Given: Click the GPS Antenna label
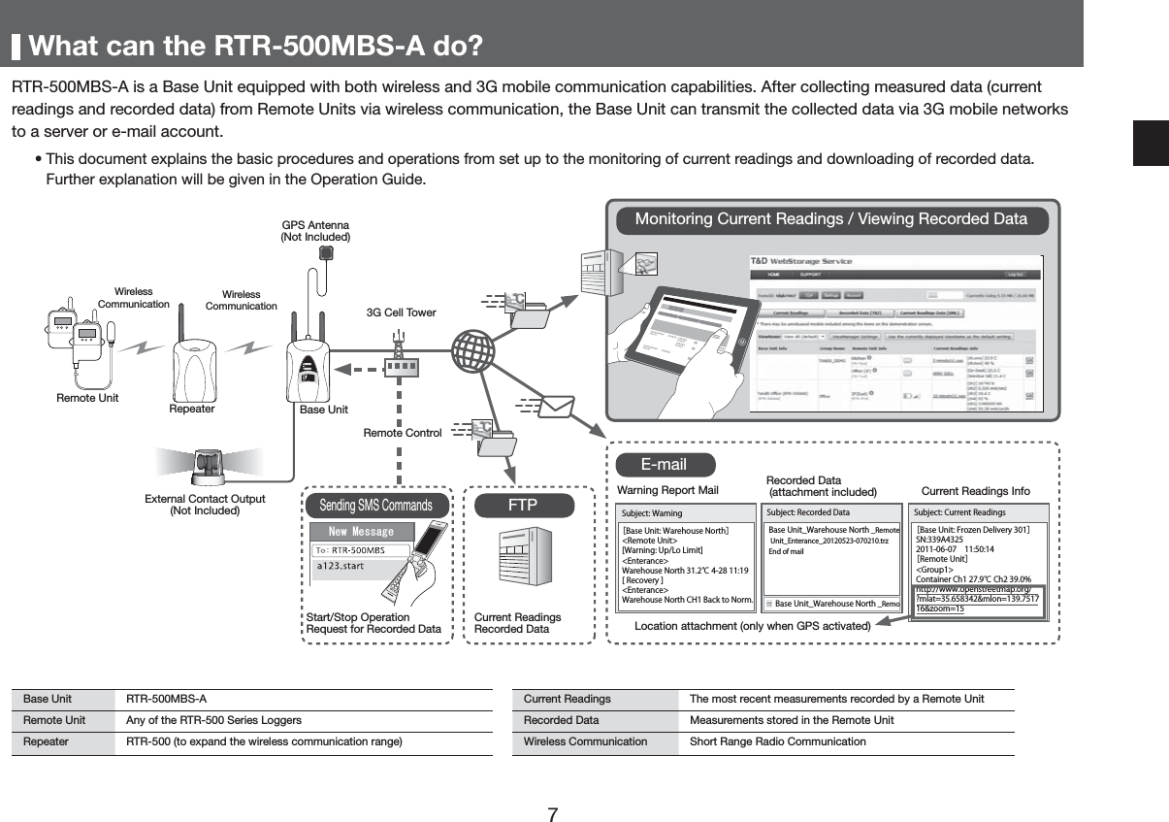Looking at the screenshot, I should tap(314, 231).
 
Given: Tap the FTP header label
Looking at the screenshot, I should tap(523, 506).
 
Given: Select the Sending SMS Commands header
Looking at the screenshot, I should tap(376, 506).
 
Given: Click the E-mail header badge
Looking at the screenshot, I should tap(665, 465).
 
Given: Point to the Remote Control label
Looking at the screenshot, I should tap(403, 433).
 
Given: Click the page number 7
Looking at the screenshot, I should tap(552, 813).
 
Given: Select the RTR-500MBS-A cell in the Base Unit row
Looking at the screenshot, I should tap(166, 699).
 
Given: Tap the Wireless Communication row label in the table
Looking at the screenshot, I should tap(585, 741).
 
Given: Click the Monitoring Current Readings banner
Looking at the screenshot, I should tap(830, 219).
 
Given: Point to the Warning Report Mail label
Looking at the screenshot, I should tap(667, 491).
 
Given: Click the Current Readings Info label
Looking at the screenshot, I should tap(975, 491).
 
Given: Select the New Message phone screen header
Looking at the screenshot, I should tap(361, 532).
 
